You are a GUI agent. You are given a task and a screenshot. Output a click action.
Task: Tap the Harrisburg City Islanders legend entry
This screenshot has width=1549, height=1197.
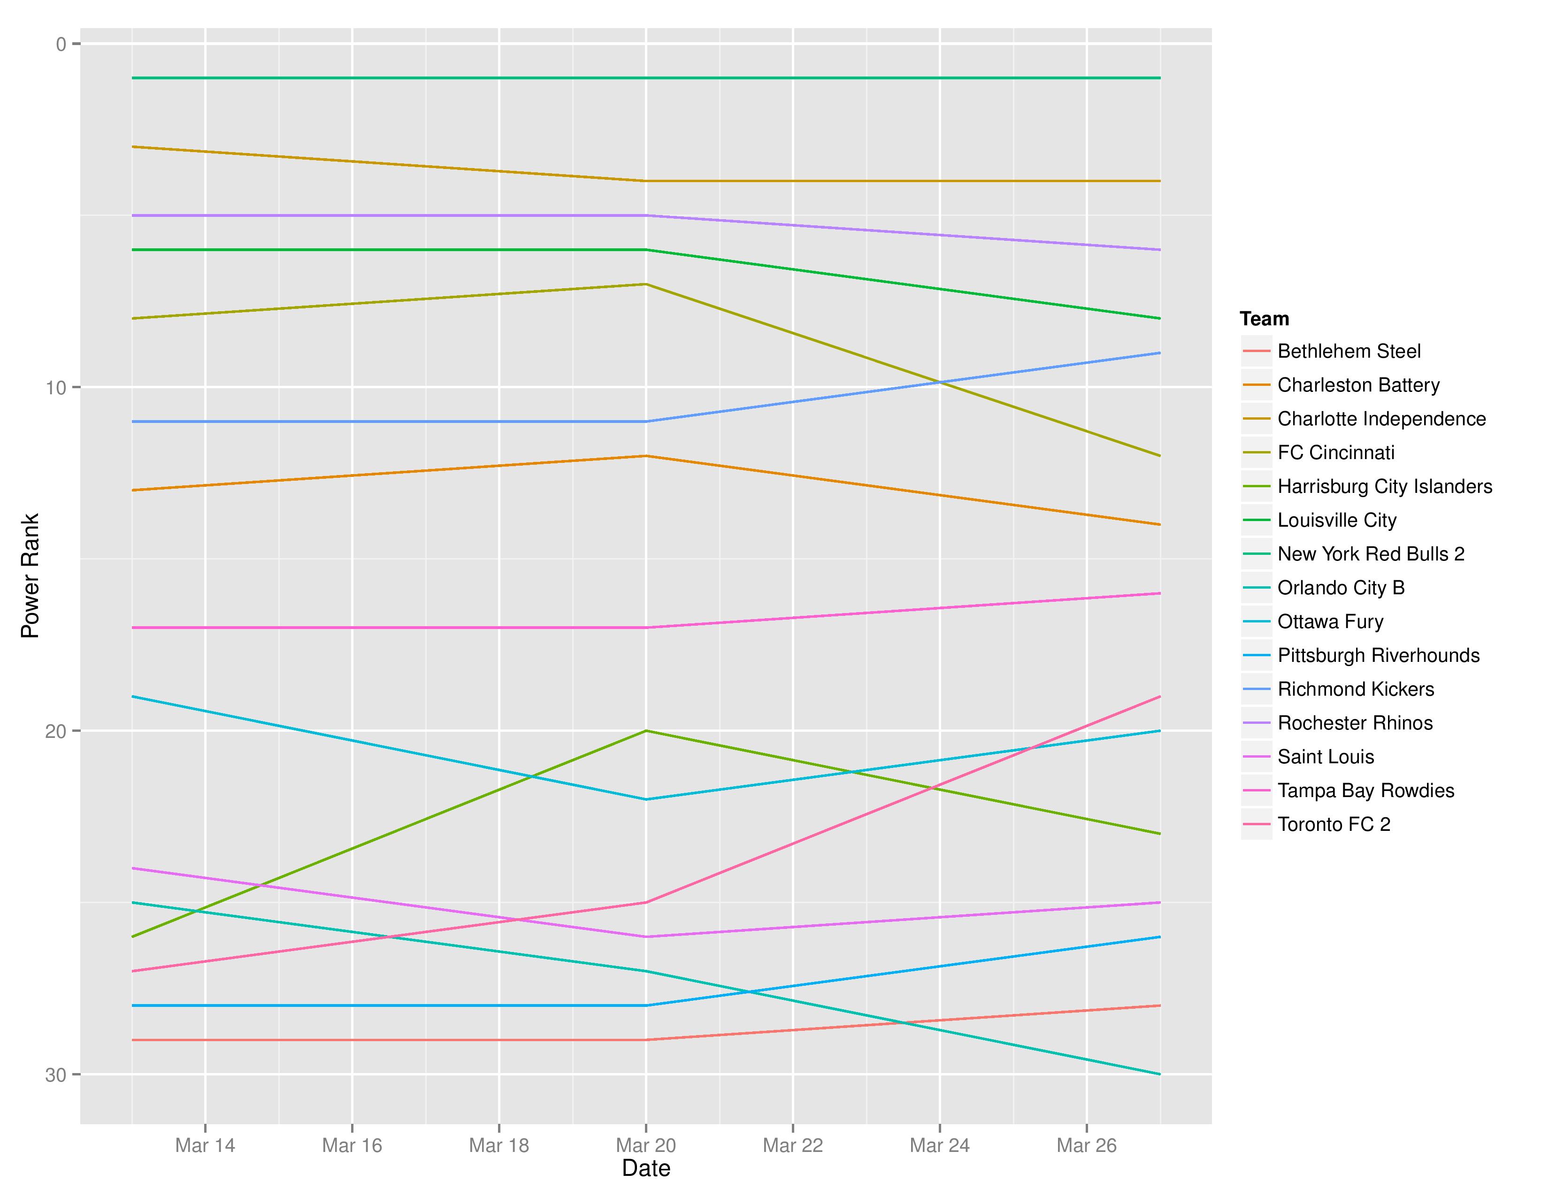pyautogui.click(x=1384, y=486)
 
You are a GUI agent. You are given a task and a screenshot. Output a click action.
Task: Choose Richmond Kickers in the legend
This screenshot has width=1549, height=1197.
pyautogui.click(x=1356, y=689)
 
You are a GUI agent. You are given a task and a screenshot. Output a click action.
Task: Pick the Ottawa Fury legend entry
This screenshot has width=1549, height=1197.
pyautogui.click(x=1330, y=622)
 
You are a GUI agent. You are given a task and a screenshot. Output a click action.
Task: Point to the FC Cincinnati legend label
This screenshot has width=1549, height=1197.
pyautogui.click(x=1335, y=453)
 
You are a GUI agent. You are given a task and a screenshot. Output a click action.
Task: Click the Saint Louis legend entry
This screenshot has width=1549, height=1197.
pyautogui.click(x=1326, y=757)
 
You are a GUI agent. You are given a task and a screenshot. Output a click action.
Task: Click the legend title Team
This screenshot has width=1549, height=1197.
pyautogui.click(x=1265, y=319)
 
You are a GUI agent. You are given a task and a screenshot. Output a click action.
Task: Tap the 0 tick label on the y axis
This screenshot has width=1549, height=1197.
pyautogui.click(x=61, y=45)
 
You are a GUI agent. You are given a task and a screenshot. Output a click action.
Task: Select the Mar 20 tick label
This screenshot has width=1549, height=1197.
pyautogui.click(x=645, y=1145)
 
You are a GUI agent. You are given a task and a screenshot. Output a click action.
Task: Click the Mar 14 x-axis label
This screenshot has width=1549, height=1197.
pyautogui.click(x=205, y=1145)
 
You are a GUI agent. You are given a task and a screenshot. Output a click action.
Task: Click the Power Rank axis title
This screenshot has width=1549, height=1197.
pyautogui.click(x=30, y=576)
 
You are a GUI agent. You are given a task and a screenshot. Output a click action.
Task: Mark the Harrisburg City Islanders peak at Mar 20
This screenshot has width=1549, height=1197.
pyautogui.click(x=645, y=730)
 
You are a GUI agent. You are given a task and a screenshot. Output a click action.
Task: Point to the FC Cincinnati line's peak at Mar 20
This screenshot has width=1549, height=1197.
pyautogui.click(x=645, y=284)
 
